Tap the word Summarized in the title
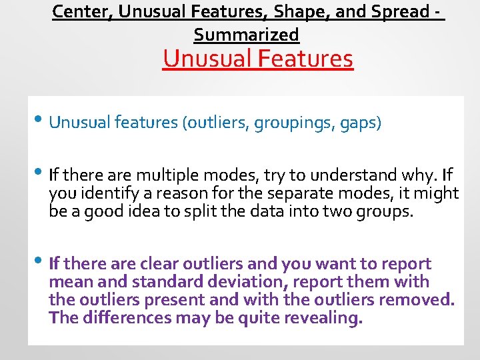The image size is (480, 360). point(246,34)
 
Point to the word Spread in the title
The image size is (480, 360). point(405,12)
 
